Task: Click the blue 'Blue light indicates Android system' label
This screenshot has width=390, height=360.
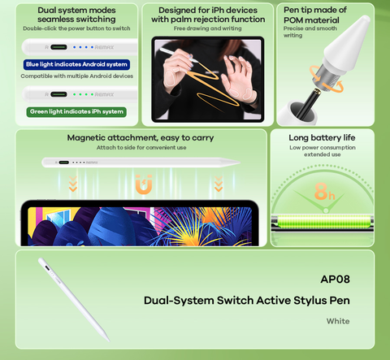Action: point(76,64)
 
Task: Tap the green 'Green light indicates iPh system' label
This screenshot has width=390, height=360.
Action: point(76,111)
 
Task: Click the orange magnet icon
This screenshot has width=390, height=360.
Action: point(144,184)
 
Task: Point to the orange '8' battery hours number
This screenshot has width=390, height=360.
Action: point(321,191)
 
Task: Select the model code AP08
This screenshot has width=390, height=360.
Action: point(335,280)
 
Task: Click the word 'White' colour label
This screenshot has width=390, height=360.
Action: point(338,321)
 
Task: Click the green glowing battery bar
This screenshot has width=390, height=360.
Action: point(323,223)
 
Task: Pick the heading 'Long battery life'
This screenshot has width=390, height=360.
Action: point(322,137)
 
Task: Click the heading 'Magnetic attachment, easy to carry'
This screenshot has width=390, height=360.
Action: point(141,138)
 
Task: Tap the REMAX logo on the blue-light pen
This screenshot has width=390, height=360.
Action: point(104,47)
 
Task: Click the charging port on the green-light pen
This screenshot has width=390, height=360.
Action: point(58,94)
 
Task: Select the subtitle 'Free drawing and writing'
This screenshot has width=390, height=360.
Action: point(208,28)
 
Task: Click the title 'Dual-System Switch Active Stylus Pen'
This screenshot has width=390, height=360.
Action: point(247,301)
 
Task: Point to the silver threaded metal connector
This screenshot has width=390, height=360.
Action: point(325,77)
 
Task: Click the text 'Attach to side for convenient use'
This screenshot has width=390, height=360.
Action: point(141,148)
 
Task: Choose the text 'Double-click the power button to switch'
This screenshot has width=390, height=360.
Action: point(76,28)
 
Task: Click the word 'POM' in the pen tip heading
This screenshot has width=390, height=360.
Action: point(295,20)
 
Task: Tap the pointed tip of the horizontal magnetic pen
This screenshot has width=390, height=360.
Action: point(240,163)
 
